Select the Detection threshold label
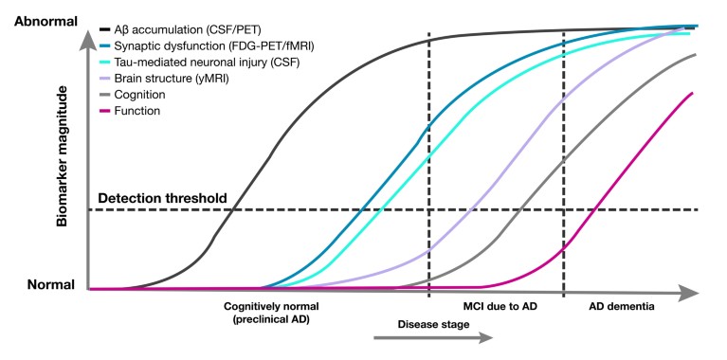coord(162,198)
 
